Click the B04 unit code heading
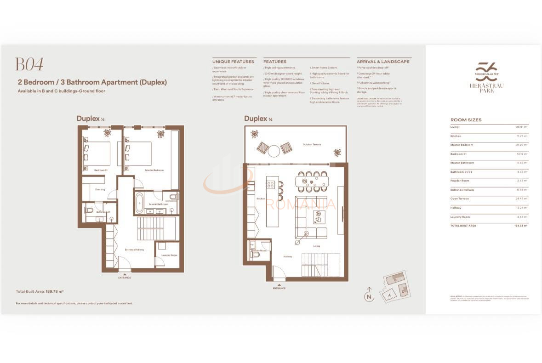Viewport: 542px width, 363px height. tap(29, 64)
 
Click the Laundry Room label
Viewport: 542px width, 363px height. tap(169, 255)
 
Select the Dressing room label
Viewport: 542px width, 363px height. tap(100, 189)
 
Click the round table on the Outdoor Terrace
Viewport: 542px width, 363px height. tap(274, 151)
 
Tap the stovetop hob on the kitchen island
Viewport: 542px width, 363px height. tap(271, 185)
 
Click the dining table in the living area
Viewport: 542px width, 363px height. tap(312, 181)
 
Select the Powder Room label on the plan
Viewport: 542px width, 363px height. tap(258, 250)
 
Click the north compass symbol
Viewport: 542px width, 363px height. tap(368, 296)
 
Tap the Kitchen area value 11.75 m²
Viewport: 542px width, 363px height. tap(522, 136)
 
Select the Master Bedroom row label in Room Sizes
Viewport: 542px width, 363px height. tap(462, 145)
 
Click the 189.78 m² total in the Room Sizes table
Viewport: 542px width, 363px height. tap(520, 226)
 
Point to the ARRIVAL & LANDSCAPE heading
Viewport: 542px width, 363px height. tap(382, 62)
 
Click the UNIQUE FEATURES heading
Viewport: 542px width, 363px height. tap(233, 62)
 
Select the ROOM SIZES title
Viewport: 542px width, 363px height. tap(466, 120)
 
